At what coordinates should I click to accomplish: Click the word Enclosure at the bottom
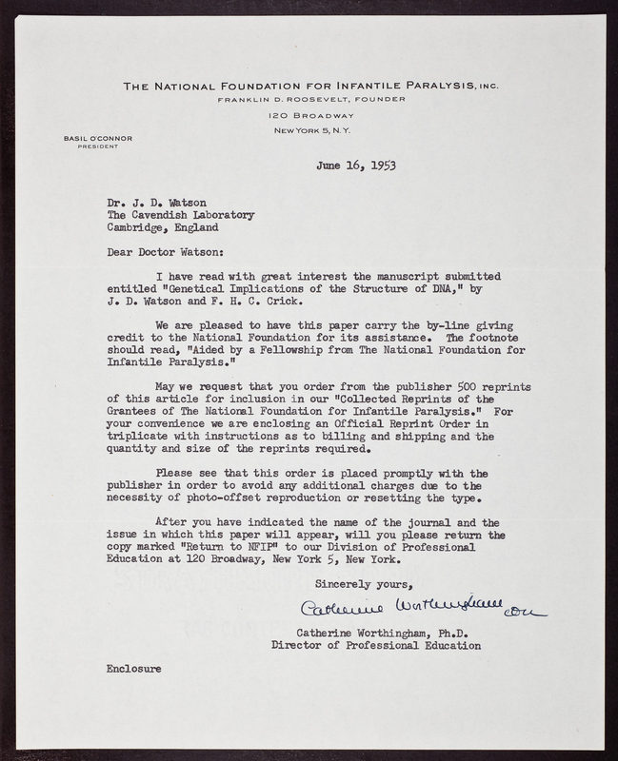pyautogui.click(x=133, y=669)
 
